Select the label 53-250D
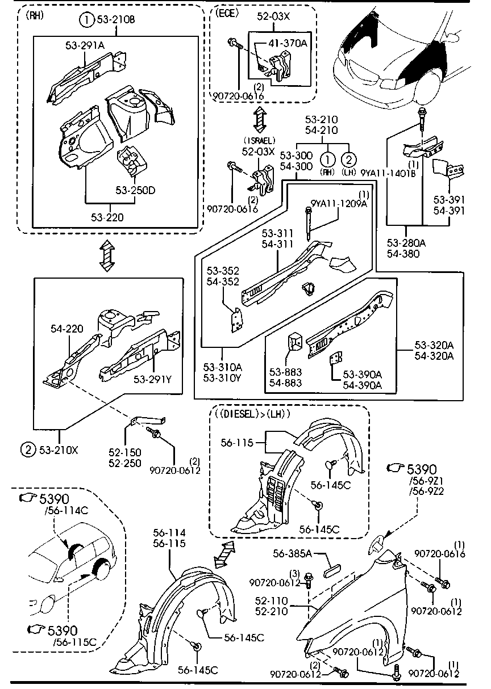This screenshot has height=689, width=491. pyautogui.click(x=135, y=190)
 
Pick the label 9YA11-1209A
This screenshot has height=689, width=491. pyautogui.click(x=339, y=204)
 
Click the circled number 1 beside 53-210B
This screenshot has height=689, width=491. pyautogui.click(x=86, y=21)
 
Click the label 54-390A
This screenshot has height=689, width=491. pyautogui.click(x=362, y=385)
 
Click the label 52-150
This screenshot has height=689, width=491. pyautogui.click(x=123, y=452)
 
